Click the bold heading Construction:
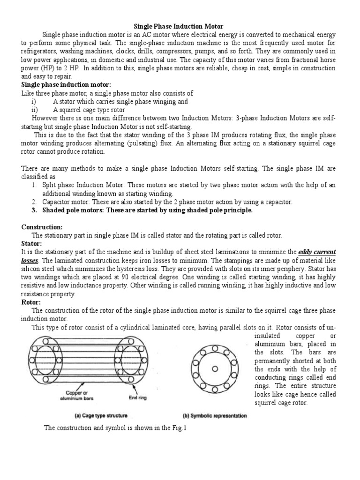(x=42, y=227)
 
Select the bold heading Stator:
(x=32, y=244)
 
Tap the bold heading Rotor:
(x=31, y=302)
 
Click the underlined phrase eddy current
(x=317, y=252)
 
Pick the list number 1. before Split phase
(x=34, y=185)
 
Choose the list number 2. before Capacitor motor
(x=34, y=202)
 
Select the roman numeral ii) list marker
(x=33, y=110)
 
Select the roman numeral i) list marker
(x=32, y=101)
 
